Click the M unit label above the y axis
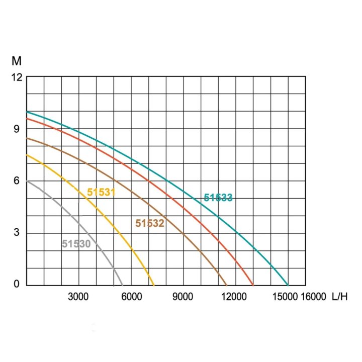coord(17,62)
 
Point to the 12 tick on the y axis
coord(18,77)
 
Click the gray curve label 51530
coord(76,244)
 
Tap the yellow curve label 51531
coord(101,192)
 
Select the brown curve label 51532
coord(150,223)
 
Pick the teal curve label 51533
coord(218,198)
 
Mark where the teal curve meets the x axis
coord(288,285)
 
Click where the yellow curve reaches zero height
coord(154,285)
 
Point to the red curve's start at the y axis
coord(27,119)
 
